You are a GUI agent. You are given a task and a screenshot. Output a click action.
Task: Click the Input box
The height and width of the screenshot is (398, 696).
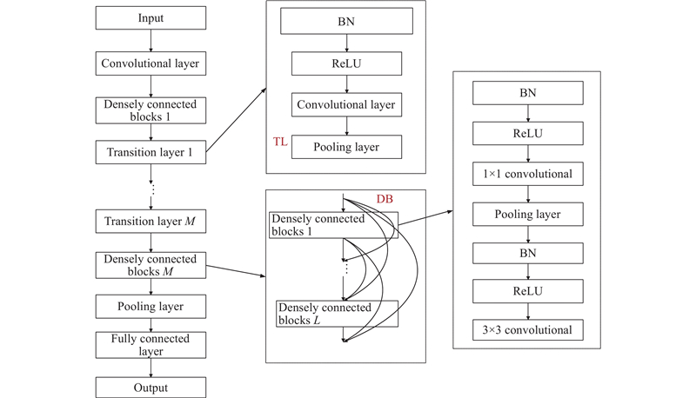tap(151, 18)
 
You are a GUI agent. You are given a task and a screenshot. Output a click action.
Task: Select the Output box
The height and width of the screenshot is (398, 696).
tap(151, 388)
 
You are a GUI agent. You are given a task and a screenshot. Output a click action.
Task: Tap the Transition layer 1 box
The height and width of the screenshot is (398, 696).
tap(151, 153)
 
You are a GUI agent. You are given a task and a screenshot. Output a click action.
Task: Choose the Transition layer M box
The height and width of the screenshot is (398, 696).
tap(151, 221)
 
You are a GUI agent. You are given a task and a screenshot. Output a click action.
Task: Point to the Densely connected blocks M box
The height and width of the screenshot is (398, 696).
tap(151, 265)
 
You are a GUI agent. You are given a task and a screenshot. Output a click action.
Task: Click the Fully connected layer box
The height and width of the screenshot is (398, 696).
tap(151, 344)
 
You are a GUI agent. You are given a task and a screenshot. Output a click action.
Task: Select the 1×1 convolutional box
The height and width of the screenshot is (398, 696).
tap(527, 174)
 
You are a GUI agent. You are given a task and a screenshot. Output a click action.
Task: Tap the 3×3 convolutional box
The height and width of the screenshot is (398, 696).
tap(527, 330)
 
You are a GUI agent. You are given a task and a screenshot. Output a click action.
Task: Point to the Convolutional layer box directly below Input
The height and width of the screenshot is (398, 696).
tap(151, 63)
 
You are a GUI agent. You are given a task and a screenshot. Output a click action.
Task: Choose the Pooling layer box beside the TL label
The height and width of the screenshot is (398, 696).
tap(347, 147)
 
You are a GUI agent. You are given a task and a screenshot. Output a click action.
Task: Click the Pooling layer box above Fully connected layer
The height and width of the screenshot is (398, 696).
tap(151, 307)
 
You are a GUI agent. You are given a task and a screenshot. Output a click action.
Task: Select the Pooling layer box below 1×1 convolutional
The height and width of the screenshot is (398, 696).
tap(527, 214)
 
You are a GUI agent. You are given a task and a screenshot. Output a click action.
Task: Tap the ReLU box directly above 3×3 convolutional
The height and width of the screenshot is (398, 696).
tap(527, 291)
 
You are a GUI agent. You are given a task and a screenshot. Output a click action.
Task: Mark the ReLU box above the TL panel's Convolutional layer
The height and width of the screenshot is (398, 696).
tap(347, 63)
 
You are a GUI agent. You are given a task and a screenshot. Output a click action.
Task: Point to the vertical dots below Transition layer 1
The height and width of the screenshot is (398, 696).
tap(151, 189)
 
